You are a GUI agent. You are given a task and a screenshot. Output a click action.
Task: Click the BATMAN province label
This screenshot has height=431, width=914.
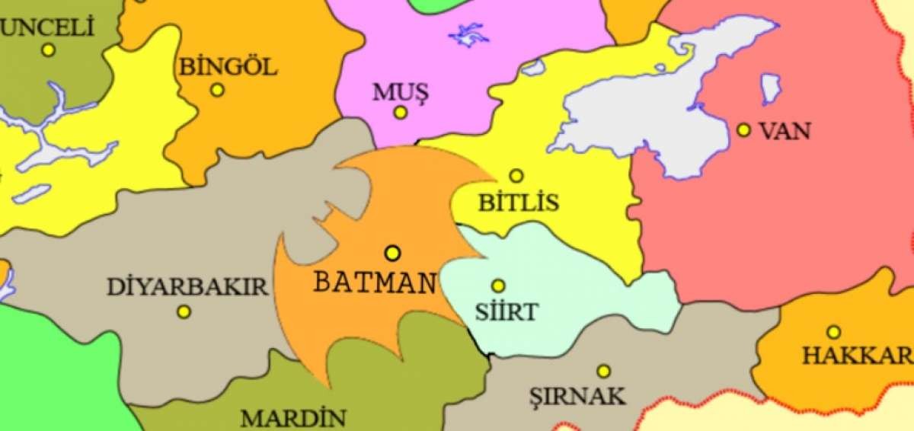pos(374,283)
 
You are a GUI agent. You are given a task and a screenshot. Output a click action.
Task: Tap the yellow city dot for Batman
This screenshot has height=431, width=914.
pos(392,252)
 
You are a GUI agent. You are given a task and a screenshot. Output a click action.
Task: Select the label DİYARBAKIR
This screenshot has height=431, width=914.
pos(187,287)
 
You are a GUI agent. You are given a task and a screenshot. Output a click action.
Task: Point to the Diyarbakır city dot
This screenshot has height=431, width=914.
pos(184,311)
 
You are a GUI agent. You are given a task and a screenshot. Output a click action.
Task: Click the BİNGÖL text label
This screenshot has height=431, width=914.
pos(228,67)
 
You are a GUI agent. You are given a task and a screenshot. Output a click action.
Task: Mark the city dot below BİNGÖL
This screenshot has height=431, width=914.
pos(217,90)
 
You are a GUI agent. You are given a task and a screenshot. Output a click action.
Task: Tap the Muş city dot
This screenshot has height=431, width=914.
pos(400,113)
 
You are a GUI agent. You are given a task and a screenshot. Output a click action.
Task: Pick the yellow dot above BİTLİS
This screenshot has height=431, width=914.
pos(516,176)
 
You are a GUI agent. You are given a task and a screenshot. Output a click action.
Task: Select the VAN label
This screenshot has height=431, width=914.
pos(785,131)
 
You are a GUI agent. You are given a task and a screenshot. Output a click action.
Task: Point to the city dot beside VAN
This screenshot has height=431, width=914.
pos(743,130)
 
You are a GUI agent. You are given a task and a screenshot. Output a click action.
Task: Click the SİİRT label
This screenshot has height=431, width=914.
pos(507,311)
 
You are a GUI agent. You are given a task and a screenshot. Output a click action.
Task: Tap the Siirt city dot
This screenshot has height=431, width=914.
pos(497,286)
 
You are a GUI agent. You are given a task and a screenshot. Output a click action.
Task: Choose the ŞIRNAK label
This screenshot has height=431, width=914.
pos(577,396)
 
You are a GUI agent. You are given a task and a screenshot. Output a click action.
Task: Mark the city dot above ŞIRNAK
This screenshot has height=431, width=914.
pos(603,371)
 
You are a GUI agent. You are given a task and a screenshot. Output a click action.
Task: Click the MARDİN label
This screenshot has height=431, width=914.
pos(293,418)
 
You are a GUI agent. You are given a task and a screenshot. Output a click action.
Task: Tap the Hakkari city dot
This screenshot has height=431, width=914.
pos(834,332)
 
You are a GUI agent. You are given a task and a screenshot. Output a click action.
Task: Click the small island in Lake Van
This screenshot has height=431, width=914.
pos(772,88)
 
